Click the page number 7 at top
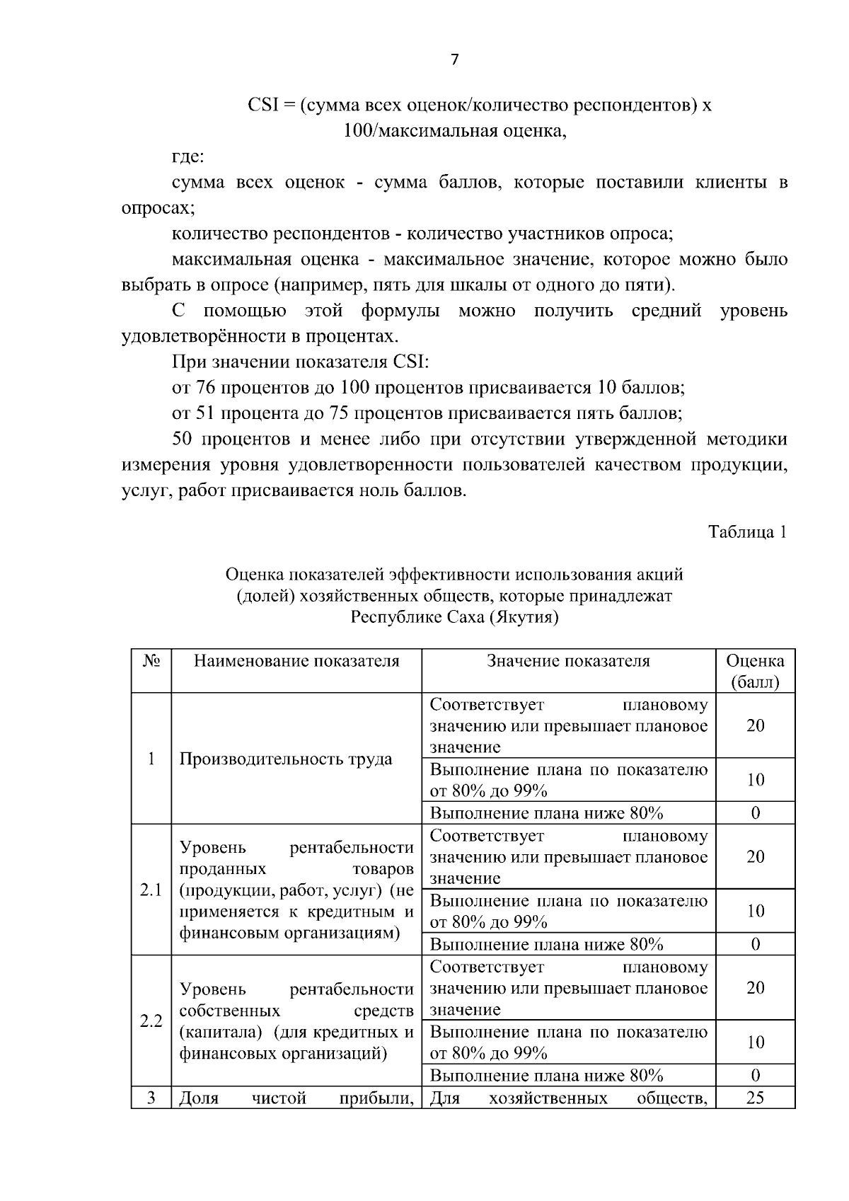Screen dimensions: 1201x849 tap(454, 60)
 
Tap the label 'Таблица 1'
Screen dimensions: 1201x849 tap(748, 532)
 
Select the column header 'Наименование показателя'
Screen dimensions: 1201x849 tap(296, 661)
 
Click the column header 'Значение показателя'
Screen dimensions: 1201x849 tap(568, 661)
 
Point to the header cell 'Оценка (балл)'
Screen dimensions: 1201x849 tap(755, 671)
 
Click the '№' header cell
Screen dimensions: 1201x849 tap(151, 661)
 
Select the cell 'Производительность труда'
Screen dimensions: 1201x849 tap(286, 759)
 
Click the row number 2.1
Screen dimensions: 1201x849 tap(151, 890)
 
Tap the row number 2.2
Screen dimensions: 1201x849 tap(151, 1021)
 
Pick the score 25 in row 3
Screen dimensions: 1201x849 tap(755, 1098)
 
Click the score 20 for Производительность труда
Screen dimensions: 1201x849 tap(755, 725)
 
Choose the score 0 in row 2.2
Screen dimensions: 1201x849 tap(755, 1076)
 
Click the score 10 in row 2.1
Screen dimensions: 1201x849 tap(755, 911)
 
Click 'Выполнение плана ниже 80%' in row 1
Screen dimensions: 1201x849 tap(546, 813)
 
